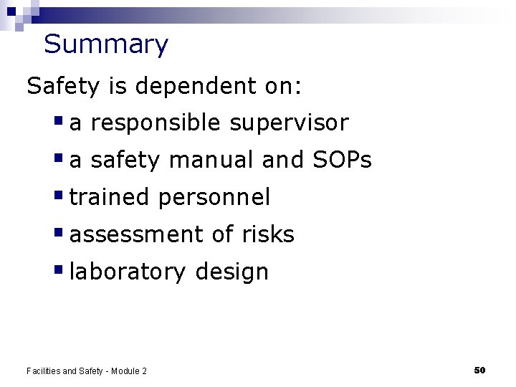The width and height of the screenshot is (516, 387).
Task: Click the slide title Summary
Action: tap(105, 44)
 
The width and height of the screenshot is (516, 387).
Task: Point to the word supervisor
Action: tap(289, 123)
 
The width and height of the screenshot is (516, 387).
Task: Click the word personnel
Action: tap(214, 198)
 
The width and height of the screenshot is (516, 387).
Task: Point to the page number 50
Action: tap(479, 370)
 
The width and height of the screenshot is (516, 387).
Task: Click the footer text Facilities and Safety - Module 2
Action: tap(87, 371)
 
